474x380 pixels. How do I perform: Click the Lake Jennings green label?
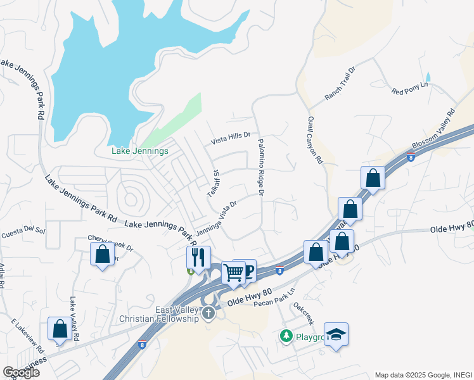pos(140,151)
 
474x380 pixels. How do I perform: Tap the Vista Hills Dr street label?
pos(231,135)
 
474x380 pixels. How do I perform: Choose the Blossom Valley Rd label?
pos(433,131)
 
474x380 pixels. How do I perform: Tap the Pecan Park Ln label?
pos(274,297)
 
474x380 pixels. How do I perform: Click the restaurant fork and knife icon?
pos(198,256)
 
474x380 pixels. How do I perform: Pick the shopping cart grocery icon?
pos(233,272)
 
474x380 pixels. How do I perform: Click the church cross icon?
pos(209,313)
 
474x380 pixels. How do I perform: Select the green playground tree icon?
pos(286,336)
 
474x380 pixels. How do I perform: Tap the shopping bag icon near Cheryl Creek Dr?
pos(102,255)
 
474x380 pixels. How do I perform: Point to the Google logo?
pos(21,372)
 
